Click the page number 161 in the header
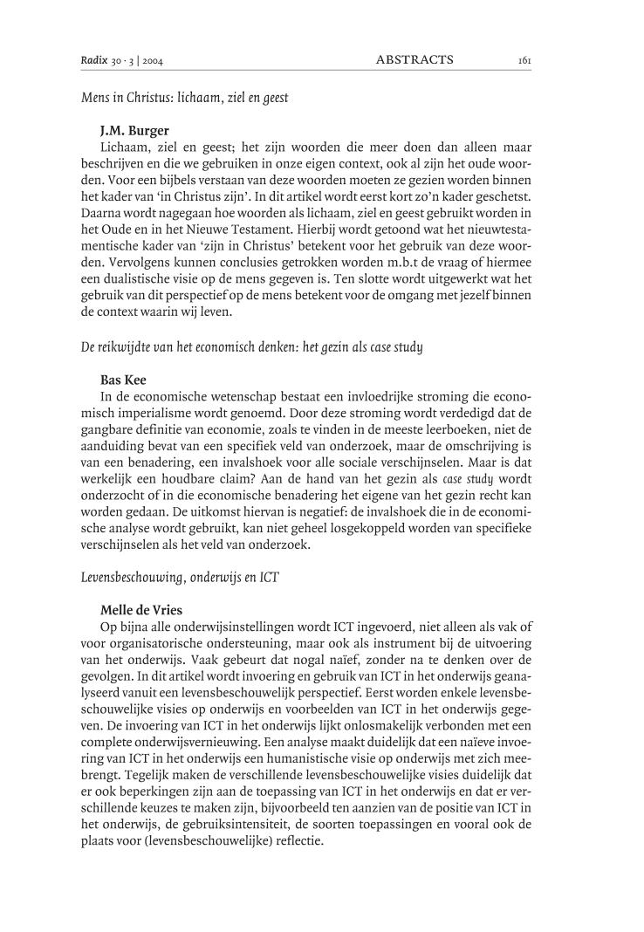(524, 60)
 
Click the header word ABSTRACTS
(414, 60)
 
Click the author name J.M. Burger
(134, 131)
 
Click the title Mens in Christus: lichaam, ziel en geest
(184, 98)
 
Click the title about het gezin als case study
(250, 346)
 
